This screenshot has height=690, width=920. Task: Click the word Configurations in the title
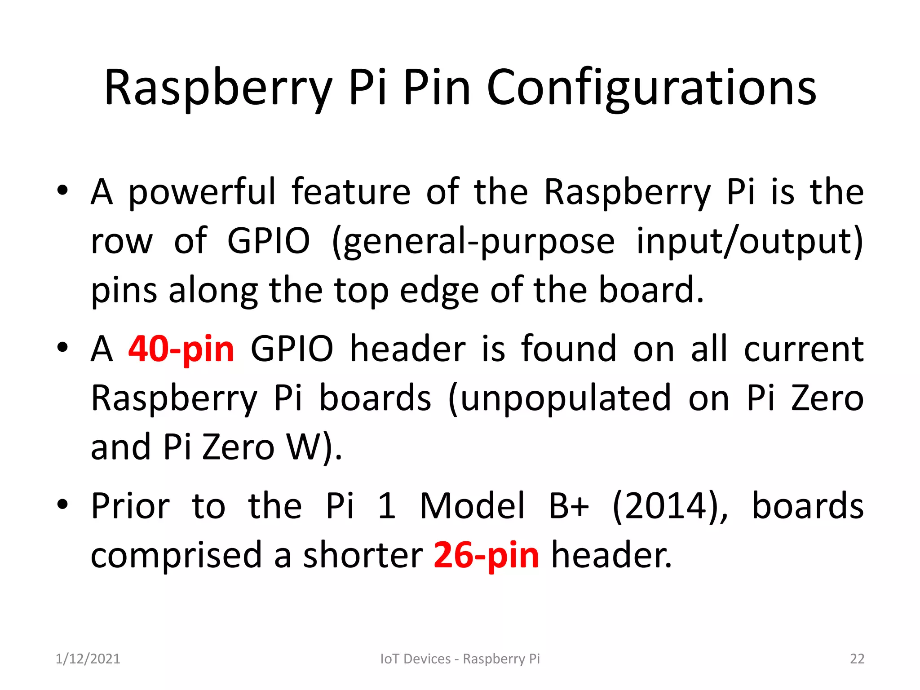(651, 88)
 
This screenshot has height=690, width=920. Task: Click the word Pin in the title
(437, 88)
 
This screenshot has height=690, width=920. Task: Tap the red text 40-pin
(181, 349)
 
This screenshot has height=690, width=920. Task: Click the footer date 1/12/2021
(88, 659)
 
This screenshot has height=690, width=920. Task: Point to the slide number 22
(857, 659)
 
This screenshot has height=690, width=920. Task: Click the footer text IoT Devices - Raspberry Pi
(460, 659)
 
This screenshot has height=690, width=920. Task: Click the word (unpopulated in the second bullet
(560, 398)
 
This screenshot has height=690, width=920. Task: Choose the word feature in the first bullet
(351, 192)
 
